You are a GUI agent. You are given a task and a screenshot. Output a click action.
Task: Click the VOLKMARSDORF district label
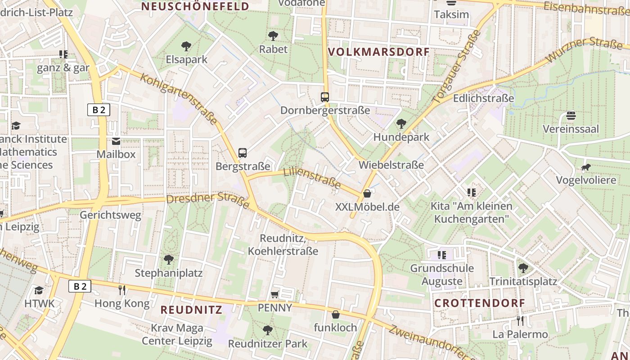[379, 52]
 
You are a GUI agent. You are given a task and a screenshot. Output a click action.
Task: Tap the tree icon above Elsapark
[186, 46]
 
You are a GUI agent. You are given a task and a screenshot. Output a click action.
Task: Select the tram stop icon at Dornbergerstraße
[325, 97]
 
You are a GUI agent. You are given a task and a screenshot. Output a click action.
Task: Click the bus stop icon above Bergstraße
[243, 153]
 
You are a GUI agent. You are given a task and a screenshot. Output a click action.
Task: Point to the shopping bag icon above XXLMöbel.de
[367, 193]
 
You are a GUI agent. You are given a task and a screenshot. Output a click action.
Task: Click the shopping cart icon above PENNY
[275, 295]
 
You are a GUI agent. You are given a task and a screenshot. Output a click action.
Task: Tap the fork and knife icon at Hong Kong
[121, 290]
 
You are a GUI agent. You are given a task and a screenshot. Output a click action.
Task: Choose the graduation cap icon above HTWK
[39, 290]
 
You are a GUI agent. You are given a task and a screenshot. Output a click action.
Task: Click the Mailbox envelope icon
[116, 142]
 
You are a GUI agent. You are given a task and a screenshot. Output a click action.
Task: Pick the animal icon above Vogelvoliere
[585, 167]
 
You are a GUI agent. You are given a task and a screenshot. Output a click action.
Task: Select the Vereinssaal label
[571, 129]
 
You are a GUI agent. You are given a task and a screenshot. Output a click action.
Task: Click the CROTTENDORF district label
[480, 303]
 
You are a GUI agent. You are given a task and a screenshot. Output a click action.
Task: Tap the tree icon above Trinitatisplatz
[523, 268]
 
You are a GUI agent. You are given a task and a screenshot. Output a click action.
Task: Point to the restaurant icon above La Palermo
[520, 321]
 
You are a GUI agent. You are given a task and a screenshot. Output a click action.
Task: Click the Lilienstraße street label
[312, 177]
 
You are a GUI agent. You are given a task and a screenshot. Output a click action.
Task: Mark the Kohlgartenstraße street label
[179, 99]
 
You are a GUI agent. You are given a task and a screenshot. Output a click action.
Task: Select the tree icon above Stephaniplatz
[169, 259]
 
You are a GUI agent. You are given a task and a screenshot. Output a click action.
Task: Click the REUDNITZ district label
[191, 310]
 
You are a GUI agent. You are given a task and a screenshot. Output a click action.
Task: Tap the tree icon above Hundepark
[401, 124]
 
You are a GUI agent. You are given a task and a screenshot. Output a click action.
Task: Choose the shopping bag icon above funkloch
[335, 315]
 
